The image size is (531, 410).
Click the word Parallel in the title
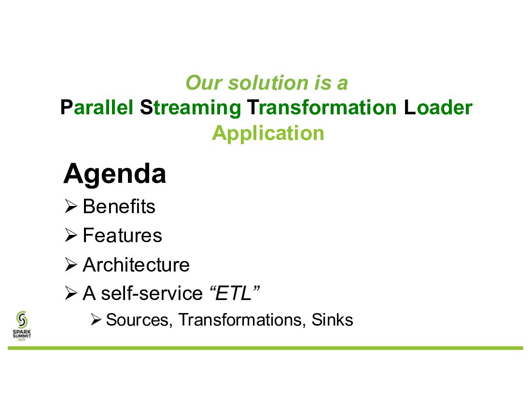tap(97, 108)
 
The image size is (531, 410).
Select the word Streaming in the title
tap(190, 108)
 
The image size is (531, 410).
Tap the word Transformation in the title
tap(321, 108)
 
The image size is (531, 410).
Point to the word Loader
tap(438, 108)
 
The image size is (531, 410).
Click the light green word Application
tap(268, 134)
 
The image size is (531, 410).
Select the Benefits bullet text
tap(119, 206)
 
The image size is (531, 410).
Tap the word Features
tap(122, 235)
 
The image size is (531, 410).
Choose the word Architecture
tap(136, 264)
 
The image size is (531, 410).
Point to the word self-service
tap(152, 293)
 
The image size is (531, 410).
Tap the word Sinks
tap(332, 320)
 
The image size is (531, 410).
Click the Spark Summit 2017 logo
tap(22, 326)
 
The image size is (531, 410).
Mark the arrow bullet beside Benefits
tap(71, 206)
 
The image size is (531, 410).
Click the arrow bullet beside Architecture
tap(71, 264)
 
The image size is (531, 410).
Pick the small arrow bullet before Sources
tap(96, 320)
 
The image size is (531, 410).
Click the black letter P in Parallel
tap(67, 108)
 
